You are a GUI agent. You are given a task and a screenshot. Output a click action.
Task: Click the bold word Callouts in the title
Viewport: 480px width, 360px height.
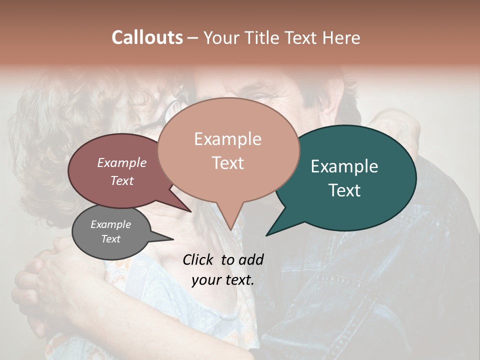(x=147, y=37)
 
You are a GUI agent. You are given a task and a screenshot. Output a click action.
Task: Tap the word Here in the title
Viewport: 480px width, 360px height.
(x=341, y=37)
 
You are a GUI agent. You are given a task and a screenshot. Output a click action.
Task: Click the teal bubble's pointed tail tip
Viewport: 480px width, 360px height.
(x=266, y=235)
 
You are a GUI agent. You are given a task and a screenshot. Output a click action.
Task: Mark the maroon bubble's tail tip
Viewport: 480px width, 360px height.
(x=190, y=211)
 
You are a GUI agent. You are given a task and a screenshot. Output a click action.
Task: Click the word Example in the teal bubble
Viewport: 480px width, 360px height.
(x=344, y=166)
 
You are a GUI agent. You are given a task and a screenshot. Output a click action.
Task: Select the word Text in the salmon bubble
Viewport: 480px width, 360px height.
(x=228, y=163)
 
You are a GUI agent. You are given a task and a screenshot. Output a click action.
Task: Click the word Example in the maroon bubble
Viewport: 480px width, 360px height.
(x=121, y=162)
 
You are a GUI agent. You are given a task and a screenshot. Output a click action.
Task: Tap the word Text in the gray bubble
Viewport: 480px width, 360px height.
(x=110, y=239)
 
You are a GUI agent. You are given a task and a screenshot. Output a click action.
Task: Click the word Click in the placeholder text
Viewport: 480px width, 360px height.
(x=199, y=259)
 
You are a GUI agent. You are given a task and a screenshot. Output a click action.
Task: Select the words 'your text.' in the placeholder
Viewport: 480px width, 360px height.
(x=223, y=280)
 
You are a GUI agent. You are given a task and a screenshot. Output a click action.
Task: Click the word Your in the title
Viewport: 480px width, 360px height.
(x=220, y=37)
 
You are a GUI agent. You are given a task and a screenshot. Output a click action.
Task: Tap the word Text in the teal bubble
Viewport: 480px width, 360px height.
(x=344, y=190)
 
